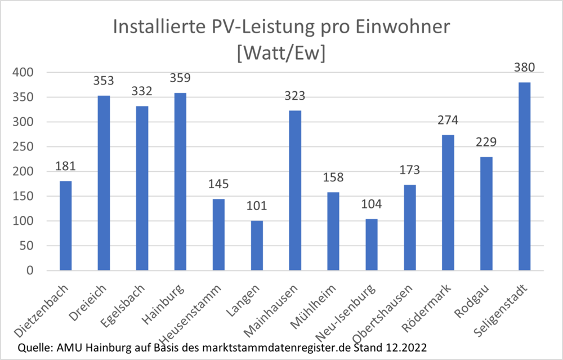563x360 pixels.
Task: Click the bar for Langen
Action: [257, 246]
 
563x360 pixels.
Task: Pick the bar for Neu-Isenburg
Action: [371, 245]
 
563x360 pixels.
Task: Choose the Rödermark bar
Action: [448, 203]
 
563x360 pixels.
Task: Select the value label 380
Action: [524, 68]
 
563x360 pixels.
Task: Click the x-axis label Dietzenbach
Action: [47, 302]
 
